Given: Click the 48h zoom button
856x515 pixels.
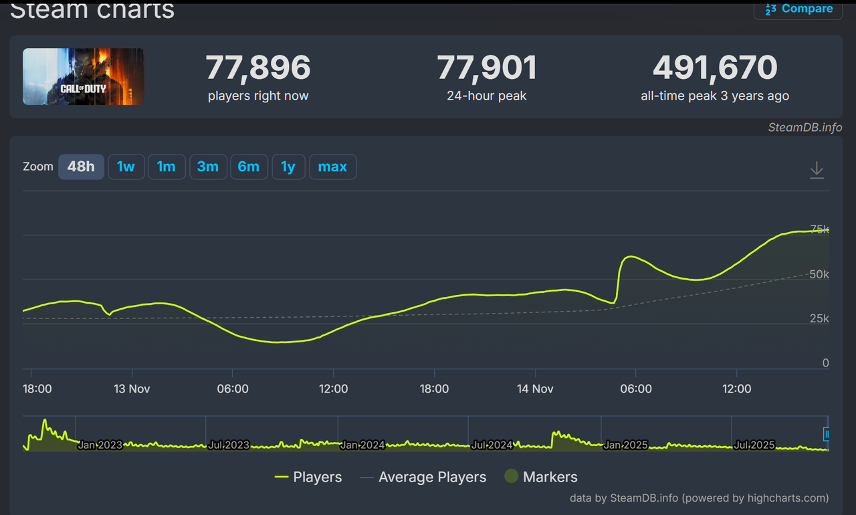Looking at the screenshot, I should [81, 167].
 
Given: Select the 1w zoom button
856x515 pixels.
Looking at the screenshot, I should [126, 167].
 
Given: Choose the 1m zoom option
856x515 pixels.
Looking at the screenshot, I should [166, 167].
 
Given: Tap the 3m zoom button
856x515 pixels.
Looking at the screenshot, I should [207, 167].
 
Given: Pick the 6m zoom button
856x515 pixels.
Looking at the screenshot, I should [248, 167].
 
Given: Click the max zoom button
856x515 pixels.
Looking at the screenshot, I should [332, 167].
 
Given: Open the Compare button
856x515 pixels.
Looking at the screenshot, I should [798, 9].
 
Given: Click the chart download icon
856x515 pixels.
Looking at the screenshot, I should [817, 170].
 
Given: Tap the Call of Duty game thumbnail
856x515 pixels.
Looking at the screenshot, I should [84, 76].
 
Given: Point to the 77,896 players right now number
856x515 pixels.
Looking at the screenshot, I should [258, 68].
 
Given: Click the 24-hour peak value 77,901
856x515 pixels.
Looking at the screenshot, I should [487, 68].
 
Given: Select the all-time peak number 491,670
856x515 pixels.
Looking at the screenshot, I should [715, 68].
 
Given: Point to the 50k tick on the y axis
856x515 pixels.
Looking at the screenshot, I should [819, 274].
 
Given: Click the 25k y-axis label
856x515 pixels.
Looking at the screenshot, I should [819, 318].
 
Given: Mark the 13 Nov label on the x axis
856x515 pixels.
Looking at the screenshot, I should [131, 389].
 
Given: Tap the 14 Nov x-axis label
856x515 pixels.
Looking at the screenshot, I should [535, 389].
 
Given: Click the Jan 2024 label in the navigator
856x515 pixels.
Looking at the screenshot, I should [362, 445].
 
